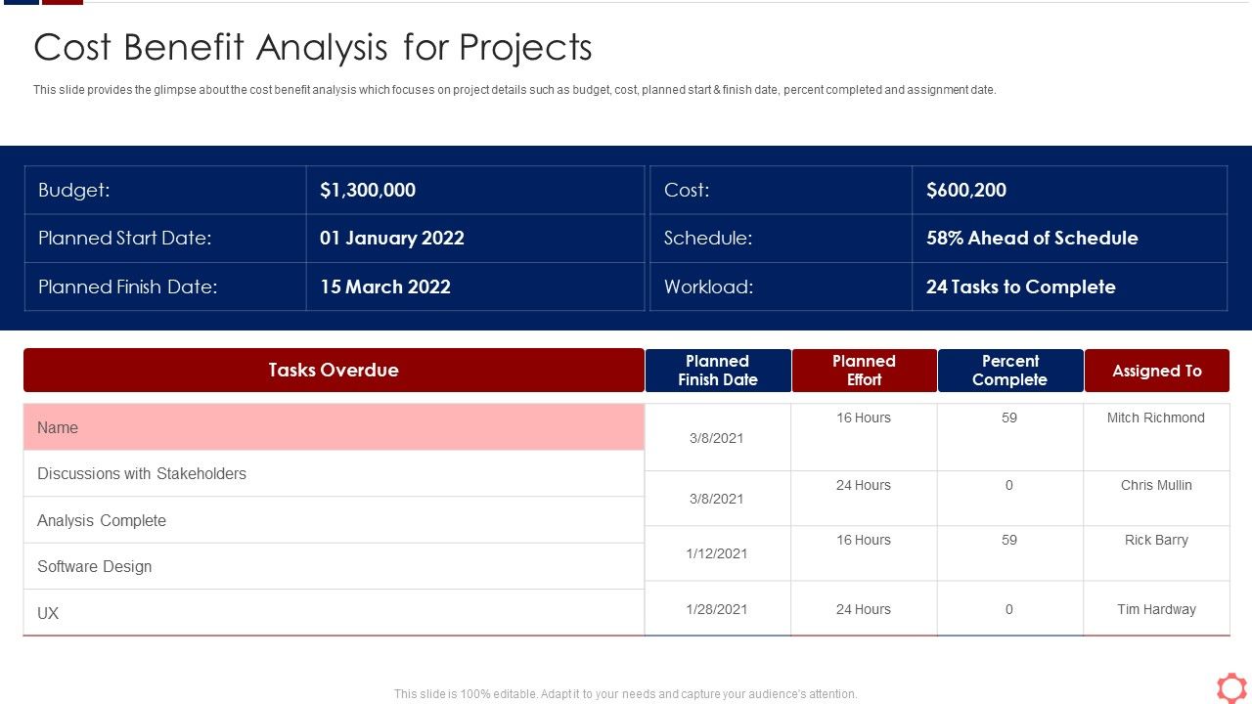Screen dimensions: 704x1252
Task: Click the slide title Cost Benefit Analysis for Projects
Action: pos(313,48)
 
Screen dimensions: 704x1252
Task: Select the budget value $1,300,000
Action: pos(368,191)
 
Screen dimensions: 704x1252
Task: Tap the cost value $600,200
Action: pos(966,191)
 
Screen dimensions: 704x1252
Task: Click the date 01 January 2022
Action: pos(392,239)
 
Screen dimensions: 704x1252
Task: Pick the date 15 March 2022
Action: pos(385,287)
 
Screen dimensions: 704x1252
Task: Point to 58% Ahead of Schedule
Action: pos(1032,239)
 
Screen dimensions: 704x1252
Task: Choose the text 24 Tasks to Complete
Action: pos(1020,287)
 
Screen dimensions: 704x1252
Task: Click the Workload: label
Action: pos(708,287)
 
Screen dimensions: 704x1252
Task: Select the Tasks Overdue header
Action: pos(334,371)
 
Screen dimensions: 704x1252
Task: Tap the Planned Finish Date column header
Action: pos(718,371)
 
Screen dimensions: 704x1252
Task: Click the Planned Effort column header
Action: pos(864,371)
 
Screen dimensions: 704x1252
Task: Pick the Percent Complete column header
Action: pos(1009,371)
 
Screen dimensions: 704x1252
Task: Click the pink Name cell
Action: pos(334,428)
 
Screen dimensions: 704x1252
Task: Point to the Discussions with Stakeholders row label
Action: pos(142,474)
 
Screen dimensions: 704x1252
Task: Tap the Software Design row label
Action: pos(95,567)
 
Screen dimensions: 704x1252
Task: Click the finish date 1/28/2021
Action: pos(717,609)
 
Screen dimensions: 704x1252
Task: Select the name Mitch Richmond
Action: pos(1155,418)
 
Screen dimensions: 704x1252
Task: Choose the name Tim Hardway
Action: pos(1156,609)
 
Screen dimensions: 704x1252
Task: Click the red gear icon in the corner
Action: pos(1230,686)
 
